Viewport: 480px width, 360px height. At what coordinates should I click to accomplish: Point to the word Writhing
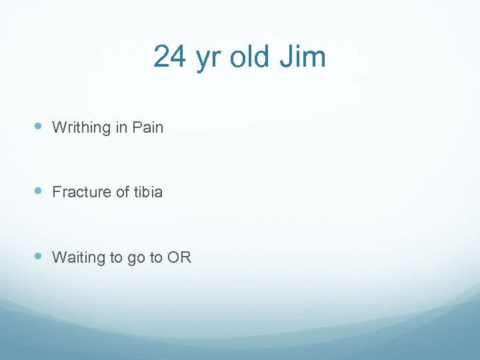tap(81, 127)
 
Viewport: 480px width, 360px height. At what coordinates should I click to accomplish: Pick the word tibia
tap(147, 192)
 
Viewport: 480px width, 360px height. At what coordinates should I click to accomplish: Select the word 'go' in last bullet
tap(135, 259)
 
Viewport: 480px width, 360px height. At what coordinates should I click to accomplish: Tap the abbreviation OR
tap(179, 257)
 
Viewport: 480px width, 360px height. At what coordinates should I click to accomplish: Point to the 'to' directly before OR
tap(156, 257)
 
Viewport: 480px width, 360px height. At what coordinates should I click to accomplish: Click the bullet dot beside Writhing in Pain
tap(37, 126)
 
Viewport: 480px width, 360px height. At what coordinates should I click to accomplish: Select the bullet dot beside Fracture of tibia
tap(37, 191)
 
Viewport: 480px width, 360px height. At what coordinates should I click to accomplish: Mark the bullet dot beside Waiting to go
tap(37, 257)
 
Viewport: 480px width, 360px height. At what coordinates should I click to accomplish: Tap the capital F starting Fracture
tap(57, 192)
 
